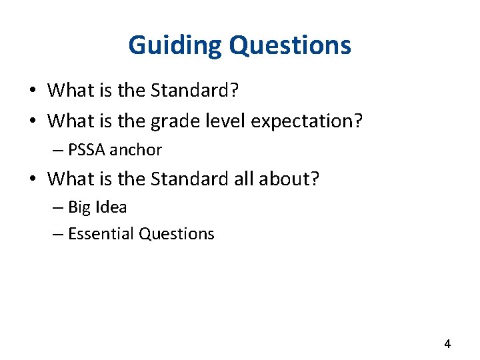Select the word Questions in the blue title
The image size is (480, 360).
pos(290,45)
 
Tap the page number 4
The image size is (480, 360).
pos(447,344)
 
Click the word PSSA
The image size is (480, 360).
pos(87,150)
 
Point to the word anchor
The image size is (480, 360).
pos(136,150)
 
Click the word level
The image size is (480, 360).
pos(218,121)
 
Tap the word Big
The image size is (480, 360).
pos(79,207)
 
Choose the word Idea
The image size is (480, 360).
pos(111,207)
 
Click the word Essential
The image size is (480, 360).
pos(101,234)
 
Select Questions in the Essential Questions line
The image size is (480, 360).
pos(177,234)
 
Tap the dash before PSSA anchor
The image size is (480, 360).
pos(58,151)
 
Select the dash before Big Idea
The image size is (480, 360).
pos(58,208)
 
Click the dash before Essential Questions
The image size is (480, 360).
pos(58,235)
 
